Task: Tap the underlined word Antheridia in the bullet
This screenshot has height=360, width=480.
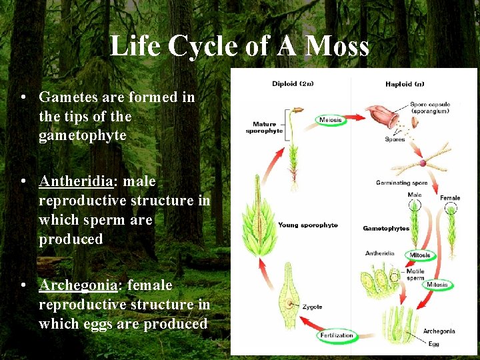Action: point(77,181)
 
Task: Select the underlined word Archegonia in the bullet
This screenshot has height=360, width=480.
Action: point(77,285)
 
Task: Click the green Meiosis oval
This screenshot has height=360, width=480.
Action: point(331,120)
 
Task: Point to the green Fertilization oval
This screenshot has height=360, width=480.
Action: point(337,335)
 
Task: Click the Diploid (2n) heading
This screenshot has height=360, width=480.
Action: point(294,84)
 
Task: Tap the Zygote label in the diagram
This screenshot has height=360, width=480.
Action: point(311,307)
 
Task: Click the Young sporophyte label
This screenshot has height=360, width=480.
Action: point(308,225)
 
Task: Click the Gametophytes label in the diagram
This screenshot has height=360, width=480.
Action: point(386,229)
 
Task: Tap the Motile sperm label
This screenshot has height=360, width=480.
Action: point(415,274)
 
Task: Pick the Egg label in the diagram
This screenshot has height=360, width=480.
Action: point(434,344)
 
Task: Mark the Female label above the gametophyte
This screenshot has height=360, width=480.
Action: point(450,198)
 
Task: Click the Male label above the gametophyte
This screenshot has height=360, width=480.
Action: point(415,195)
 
